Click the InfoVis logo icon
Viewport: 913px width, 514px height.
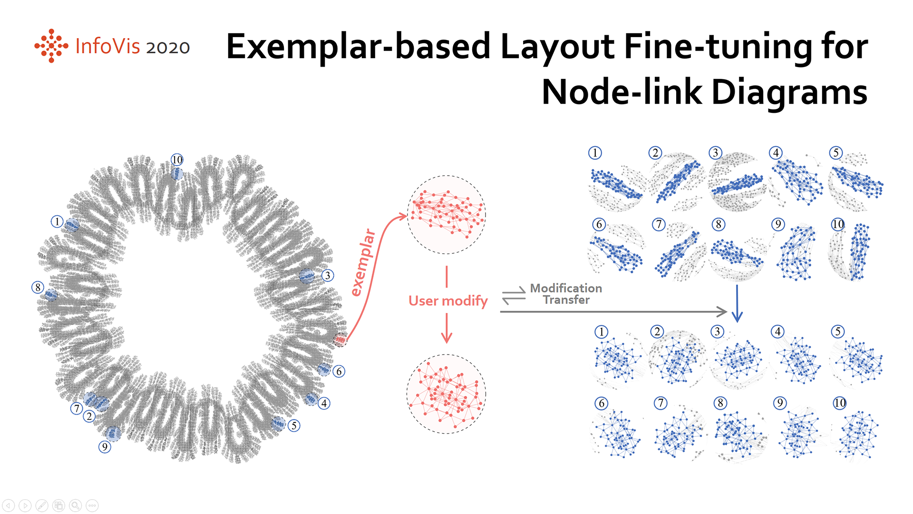51,46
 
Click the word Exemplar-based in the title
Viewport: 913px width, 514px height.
358,47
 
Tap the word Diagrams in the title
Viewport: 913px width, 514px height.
789,92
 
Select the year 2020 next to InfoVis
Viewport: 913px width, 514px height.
168,48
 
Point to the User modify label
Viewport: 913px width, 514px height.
448,301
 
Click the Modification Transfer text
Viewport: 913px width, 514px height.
566,294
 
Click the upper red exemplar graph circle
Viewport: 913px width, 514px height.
447,215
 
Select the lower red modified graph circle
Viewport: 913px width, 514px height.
447,394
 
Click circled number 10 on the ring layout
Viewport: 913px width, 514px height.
177,160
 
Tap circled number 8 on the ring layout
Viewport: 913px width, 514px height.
38,287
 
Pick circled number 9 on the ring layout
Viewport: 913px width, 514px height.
105,447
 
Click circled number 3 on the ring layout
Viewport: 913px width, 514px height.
328,276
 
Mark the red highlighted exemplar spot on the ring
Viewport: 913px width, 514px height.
340,340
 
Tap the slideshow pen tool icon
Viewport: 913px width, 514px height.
42,505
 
